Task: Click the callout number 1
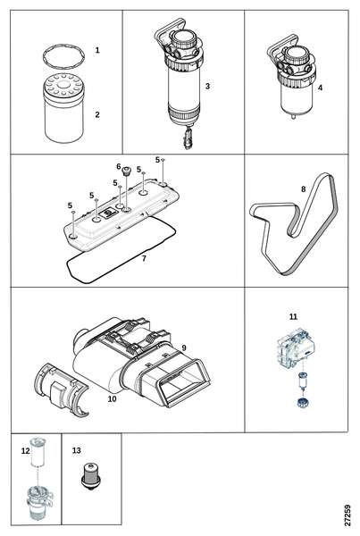[x=97, y=50]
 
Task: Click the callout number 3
[x=207, y=86]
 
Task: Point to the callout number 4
[x=320, y=88]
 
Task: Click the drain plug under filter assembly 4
[x=293, y=116]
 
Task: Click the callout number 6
[x=119, y=166]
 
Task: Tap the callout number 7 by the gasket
[x=144, y=258]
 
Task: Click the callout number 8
[x=303, y=189]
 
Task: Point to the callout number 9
[x=184, y=348]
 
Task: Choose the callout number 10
[x=113, y=399]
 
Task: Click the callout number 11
[x=293, y=317]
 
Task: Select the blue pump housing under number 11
[x=295, y=348]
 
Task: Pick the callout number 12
[x=26, y=451]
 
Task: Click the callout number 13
[x=77, y=450]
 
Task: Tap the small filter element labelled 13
[x=90, y=476]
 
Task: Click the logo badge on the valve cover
[x=109, y=214]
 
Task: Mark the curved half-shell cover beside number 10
[x=60, y=390]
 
